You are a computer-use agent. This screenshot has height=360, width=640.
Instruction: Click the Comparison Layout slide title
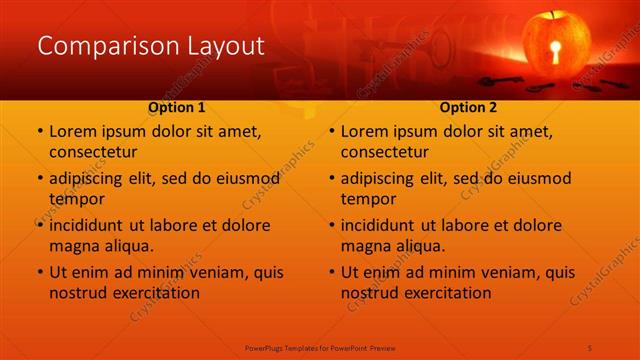point(150,46)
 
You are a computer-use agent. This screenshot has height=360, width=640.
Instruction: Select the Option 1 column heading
point(177,107)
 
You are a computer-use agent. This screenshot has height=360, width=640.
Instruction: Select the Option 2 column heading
point(469,107)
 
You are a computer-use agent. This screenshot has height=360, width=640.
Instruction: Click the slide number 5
point(590,347)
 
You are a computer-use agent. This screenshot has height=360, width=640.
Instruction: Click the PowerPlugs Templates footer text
point(320,347)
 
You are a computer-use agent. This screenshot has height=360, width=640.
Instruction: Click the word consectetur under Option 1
point(93,152)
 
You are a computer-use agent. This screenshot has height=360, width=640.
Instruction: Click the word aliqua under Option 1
point(127,246)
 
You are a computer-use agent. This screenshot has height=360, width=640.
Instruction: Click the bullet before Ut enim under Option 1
point(40,272)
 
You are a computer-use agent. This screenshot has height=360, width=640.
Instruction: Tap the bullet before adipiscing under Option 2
point(332,178)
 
